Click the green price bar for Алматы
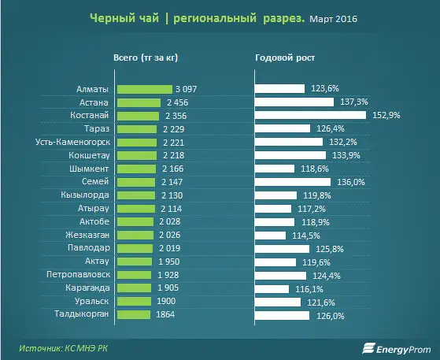(145, 89)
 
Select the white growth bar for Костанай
(311, 115)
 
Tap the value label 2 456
(178, 102)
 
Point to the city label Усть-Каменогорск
(73, 142)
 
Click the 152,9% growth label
(386, 115)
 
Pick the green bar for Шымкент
(137, 169)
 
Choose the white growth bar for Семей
(293, 182)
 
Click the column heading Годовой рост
(285, 58)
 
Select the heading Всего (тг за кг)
(146, 58)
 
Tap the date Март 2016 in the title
(334, 19)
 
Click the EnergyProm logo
(397, 349)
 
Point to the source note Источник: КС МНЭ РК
(64, 348)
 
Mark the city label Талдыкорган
(81, 314)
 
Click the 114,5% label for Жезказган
(306, 236)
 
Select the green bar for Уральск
(134, 301)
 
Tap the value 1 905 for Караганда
(168, 288)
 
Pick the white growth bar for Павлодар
(283, 249)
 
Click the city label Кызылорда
(85, 195)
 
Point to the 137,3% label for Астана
(354, 102)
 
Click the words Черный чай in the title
(124, 18)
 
